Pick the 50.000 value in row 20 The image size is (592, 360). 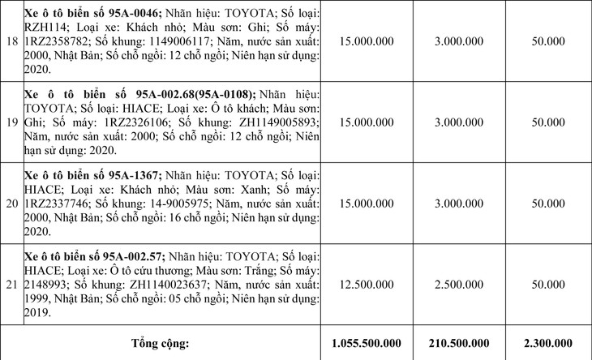(547, 202)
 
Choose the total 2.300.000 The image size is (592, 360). (547, 343)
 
